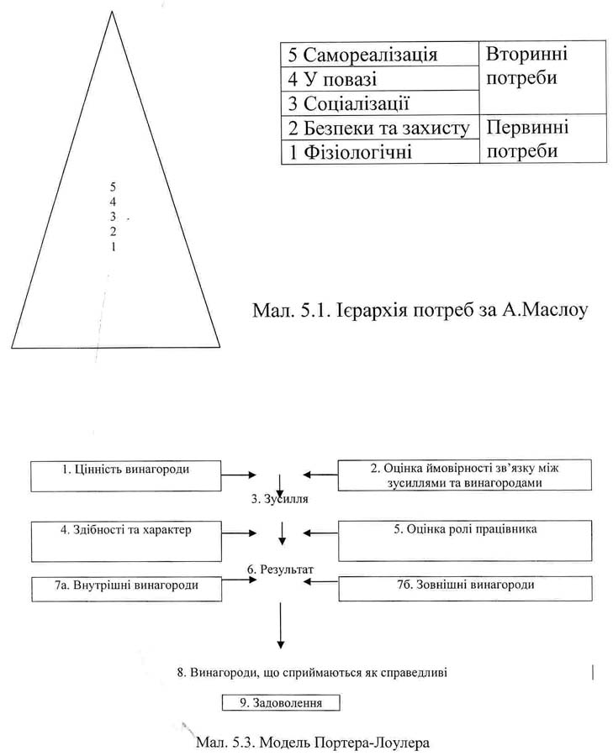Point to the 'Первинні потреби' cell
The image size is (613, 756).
click(542, 139)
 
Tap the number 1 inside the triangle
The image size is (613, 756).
click(113, 248)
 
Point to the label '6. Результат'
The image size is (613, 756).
click(281, 570)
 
